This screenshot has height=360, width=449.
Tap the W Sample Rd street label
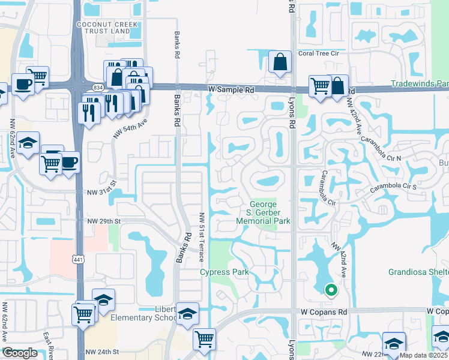click(231, 89)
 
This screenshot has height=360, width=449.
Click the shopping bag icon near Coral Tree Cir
click(280, 62)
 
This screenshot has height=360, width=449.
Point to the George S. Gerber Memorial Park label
click(270, 212)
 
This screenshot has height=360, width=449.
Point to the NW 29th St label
click(104, 221)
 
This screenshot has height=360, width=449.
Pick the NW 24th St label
click(102, 352)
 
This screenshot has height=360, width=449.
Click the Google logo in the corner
click(20, 353)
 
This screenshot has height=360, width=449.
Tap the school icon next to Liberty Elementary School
click(187, 314)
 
